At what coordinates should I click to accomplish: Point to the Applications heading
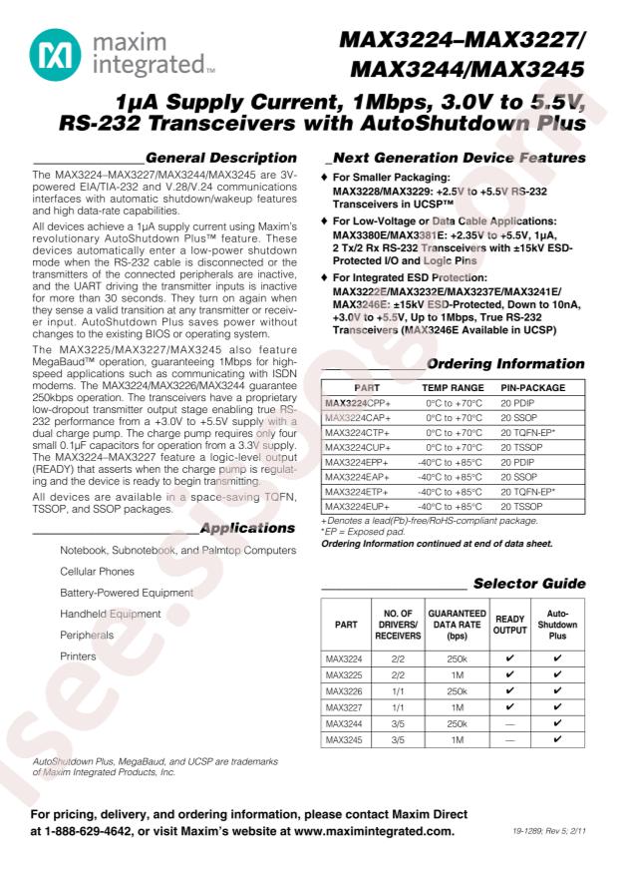(247, 527)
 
